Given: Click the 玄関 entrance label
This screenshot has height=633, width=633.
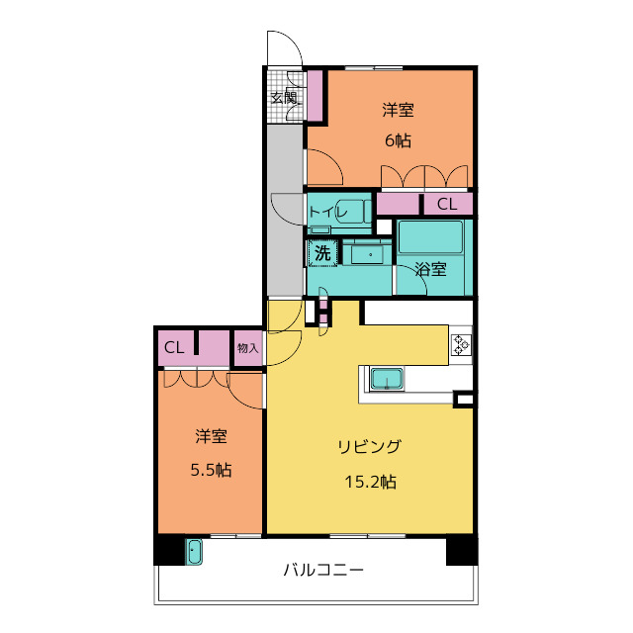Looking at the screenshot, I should pos(284,97).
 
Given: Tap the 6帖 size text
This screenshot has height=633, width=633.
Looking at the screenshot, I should pos(398,140).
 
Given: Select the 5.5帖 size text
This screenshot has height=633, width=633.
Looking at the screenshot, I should pos(211,470).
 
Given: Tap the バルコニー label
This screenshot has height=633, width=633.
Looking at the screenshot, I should pos(323,571).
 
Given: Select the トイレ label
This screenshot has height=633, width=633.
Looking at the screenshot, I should pos(327,212).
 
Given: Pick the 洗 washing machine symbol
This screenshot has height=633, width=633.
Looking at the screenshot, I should pos(321,253).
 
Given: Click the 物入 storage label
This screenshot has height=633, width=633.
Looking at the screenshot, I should pos(247,348).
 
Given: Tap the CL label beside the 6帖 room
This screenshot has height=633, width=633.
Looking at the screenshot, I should pos(447,205).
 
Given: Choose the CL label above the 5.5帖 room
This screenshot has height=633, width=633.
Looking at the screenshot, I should pos(174,348).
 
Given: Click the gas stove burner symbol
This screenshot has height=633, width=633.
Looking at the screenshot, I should pos(462,344).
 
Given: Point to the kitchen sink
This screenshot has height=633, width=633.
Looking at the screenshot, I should pos(386,379).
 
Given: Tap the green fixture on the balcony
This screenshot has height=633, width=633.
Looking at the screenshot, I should pos(194,552).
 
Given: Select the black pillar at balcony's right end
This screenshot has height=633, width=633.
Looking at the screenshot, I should pos(461,550).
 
